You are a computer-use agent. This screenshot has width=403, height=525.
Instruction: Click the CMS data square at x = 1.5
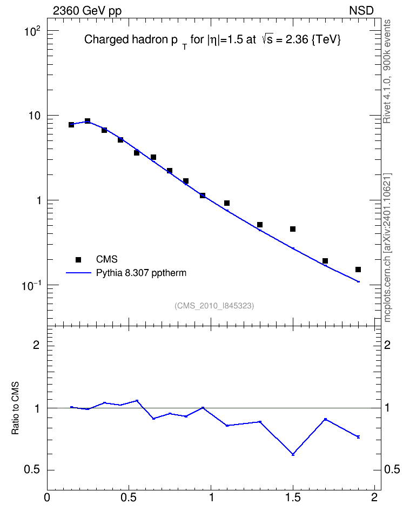[x=293, y=229]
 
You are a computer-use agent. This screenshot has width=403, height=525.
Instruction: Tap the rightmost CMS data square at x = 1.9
[x=358, y=270]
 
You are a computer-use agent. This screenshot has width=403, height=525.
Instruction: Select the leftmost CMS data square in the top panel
[x=71, y=125]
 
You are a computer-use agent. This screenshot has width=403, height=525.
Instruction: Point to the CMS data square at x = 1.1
[x=227, y=203]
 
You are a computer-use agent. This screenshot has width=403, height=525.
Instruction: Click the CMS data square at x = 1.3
[x=260, y=225]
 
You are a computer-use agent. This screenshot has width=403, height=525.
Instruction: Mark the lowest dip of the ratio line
[x=293, y=454]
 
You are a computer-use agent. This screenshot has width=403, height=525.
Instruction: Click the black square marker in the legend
[x=78, y=259]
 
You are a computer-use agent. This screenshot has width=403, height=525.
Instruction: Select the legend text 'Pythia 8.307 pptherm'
[x=141, y=273]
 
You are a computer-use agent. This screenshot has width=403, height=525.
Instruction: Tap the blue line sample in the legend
[x=78, y=273]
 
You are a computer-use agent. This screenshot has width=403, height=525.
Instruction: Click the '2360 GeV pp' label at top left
[x=87, y=11]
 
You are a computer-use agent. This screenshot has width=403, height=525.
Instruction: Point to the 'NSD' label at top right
[x=361, y=11]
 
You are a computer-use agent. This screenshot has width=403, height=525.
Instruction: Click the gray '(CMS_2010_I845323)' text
[x=214, y=306]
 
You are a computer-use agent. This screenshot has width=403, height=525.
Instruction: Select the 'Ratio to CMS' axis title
[x=15, y=408]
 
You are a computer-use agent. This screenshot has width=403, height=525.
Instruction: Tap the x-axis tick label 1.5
[x=293, y=497]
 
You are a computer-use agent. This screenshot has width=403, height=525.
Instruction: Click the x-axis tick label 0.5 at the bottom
[x=129, y=497]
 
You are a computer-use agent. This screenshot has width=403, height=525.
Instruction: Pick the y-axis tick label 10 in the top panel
[x=34, y=116]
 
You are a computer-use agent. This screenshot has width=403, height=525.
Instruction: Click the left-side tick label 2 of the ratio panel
[x=36, y=345]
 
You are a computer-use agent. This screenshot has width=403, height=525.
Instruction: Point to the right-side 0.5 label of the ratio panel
[x=392, y=469]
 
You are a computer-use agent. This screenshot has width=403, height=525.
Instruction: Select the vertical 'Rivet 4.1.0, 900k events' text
[x=387, y=71]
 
